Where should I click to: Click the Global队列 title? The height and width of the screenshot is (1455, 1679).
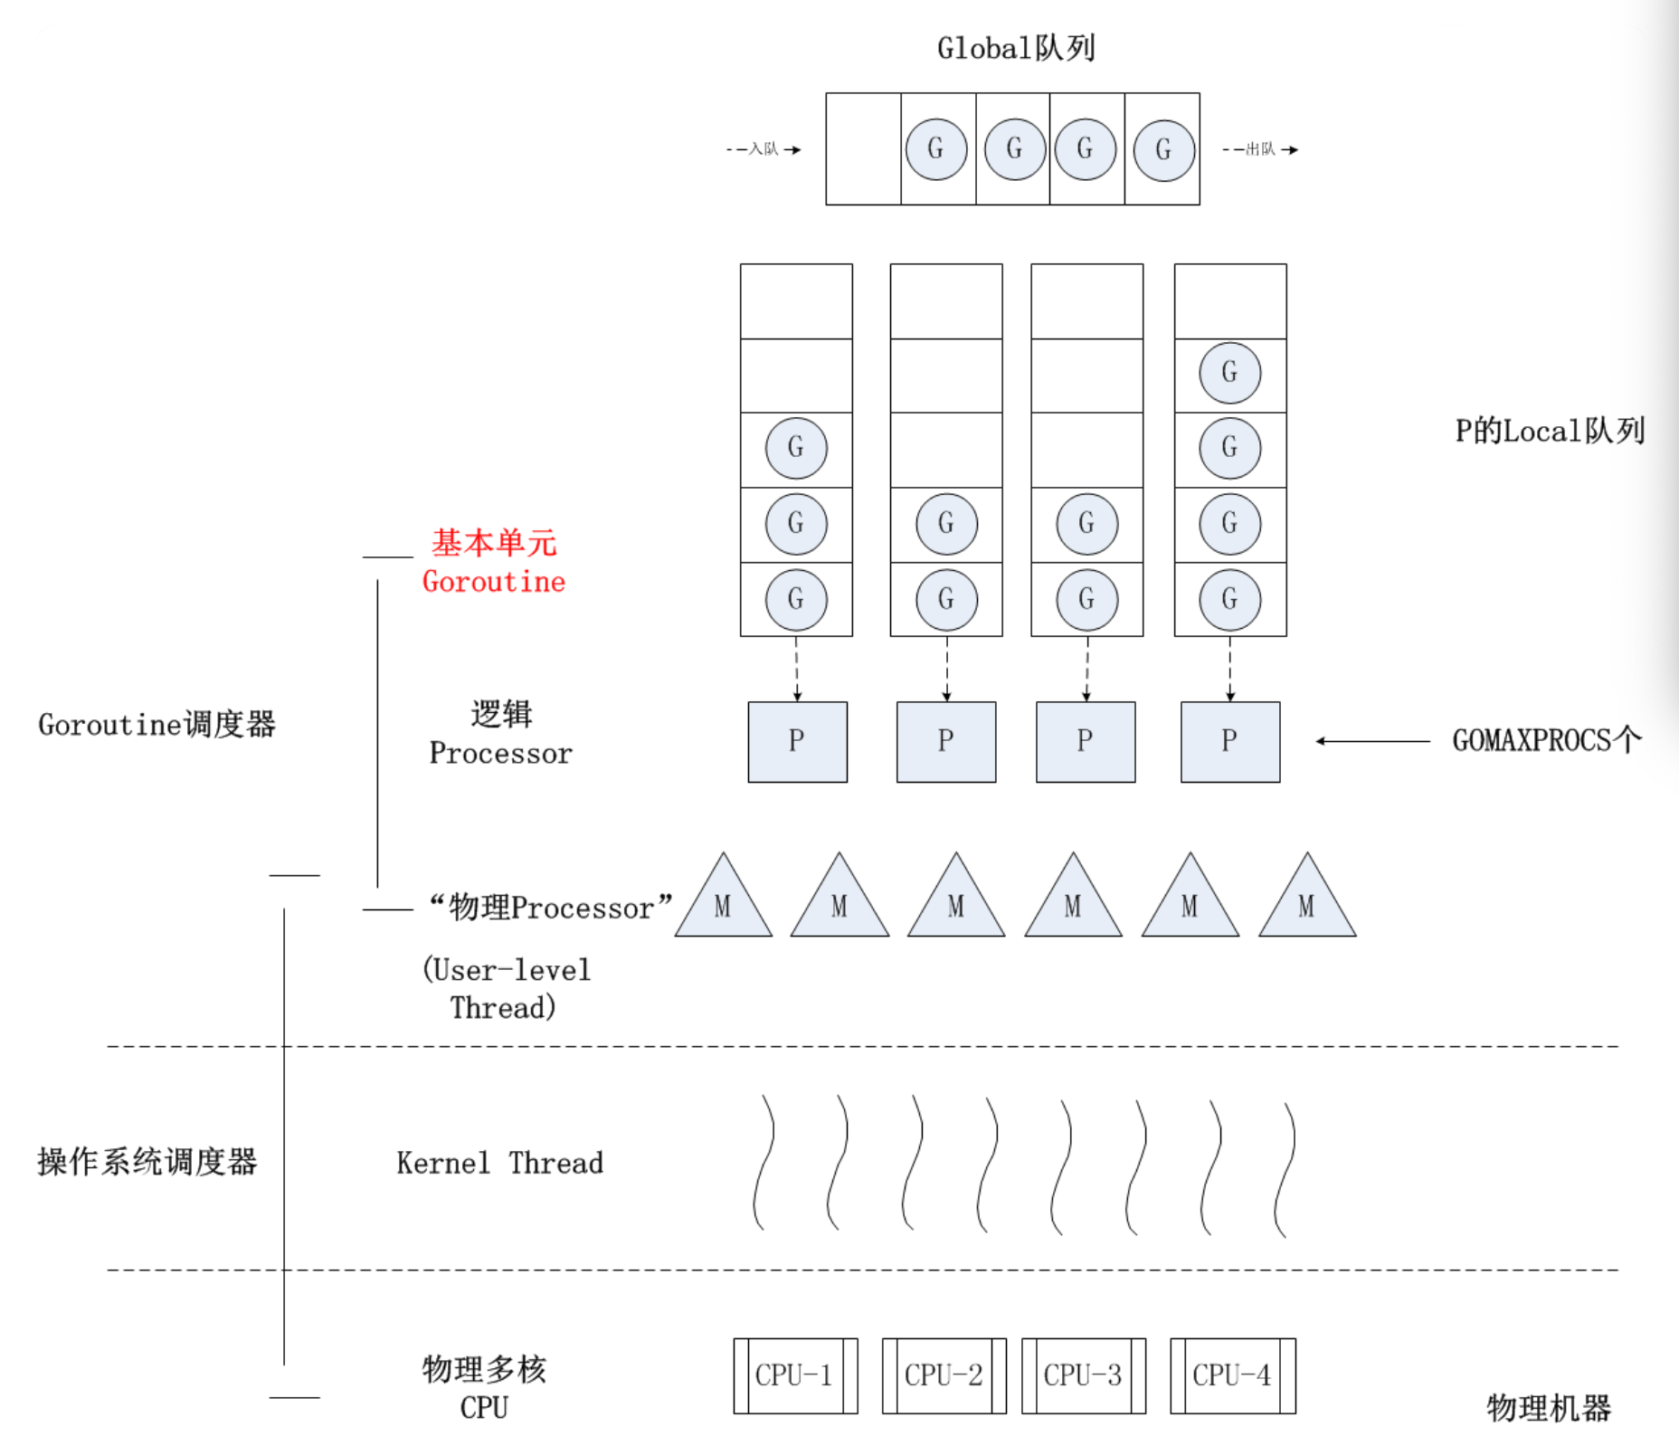pyautogui.click(x=1016, y=48)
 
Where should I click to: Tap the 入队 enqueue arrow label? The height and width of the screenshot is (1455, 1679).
pyautogui.click(x=763, y=149)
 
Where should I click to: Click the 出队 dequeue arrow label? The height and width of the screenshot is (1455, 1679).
pyautogui.click(x=1259, y=149)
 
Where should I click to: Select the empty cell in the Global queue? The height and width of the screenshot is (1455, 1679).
pyautogui.click(x=863, y=149)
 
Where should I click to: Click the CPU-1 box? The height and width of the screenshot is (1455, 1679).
pyautogui.click(x=794, y=1375)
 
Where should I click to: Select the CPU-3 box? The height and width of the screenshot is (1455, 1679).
pyautogui.click(x=1083, y=1375)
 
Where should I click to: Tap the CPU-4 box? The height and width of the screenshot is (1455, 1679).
pyautogui.click(x=1232, y=1375)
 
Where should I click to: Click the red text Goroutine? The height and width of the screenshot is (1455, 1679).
pyautogui.click(x=494, y=582)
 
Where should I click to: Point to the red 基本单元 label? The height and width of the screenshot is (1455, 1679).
pyautogui.click(x=494, y=543)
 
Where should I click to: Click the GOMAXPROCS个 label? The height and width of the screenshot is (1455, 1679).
pyautogui.click(x=1546, y=740)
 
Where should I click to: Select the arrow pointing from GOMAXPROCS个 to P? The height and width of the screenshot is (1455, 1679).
pyautogui.click(x=1373, y=741)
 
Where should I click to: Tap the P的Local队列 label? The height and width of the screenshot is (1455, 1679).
pyautogui.click(x=1549, y=431)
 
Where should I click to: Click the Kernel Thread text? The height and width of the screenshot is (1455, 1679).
pyautogui.click(x=499, y=1163)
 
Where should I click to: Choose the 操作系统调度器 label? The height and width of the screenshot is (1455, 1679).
pyautogui.click(x=147, y=1162)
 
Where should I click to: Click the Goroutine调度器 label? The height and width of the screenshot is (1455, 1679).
pyautogui.click(x=157, y=725)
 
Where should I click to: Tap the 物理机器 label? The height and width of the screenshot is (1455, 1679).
pyautogui.click(x=1549, y=1408)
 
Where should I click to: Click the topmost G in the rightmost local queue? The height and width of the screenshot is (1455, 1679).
pyautogui.click(x=1229, y=372)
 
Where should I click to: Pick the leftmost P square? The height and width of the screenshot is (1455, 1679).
pyautogui.click(x=797, y=741)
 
